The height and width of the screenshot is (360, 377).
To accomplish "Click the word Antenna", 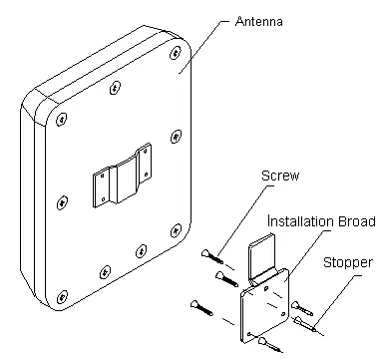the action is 259,22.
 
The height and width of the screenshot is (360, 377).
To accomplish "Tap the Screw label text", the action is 280,176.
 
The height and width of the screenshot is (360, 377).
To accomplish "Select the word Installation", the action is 301,221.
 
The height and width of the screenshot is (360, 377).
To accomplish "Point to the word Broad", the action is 357,221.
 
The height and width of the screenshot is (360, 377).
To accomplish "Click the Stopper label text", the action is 348,263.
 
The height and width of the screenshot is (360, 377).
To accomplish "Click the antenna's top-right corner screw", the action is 176,53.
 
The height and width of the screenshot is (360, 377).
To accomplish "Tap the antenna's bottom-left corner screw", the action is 62,297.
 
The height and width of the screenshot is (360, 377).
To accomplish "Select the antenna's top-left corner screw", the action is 62,119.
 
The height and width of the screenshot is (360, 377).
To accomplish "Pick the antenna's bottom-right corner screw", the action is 176,230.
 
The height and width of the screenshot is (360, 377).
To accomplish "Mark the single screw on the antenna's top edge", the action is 115,88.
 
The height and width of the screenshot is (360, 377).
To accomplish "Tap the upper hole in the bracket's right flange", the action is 145,152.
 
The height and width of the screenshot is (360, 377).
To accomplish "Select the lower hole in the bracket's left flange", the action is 104,199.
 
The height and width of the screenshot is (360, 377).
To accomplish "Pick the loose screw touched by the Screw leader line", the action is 212,256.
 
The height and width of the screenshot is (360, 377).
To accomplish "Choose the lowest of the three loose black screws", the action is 201,308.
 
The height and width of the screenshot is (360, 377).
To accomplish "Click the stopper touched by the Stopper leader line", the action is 305,325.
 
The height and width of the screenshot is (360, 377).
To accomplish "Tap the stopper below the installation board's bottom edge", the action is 270,344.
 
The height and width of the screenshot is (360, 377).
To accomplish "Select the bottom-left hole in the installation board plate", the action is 249,334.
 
